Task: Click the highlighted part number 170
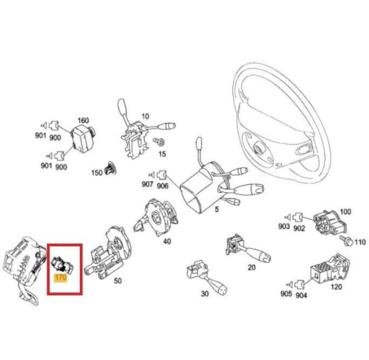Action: [60, 278]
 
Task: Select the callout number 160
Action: [83, 120]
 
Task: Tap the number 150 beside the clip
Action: [97, 173]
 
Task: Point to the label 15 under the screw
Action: [162, 154]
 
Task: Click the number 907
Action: [148, 184]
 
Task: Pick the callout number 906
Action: [162, 186]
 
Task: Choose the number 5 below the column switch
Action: [216, 209]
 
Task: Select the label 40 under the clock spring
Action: [167, 241]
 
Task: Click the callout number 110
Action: [360, 242]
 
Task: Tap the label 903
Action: [284, 226]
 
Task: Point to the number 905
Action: [286, 294]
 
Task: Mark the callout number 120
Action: [336, 287]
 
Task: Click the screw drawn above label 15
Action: [159, 141]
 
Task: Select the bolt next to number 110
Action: [346, 241]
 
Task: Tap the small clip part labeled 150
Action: [111, 168]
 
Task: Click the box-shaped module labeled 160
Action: [82, 138]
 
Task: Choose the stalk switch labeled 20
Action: [247, 249]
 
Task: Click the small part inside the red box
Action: [62, 265]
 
